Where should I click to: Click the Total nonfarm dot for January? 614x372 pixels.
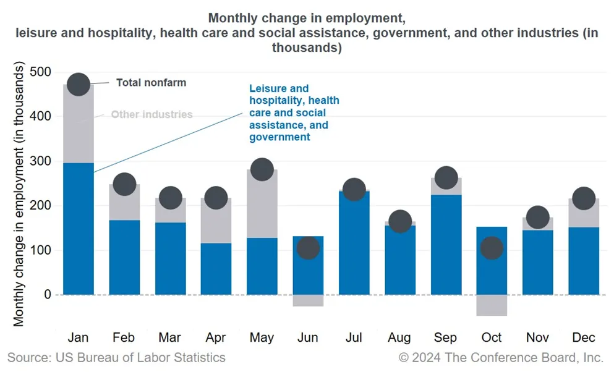tap(79, 84)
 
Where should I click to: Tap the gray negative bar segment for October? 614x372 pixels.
tap(492, 305)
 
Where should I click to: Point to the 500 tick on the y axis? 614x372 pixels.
tap(41, 72)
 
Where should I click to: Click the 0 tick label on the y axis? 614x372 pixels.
tap(46, 295)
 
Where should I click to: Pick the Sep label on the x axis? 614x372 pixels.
tap(445, 337)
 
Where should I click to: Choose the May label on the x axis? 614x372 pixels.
tap(262, 337)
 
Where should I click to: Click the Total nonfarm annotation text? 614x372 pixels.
tap(151, 82)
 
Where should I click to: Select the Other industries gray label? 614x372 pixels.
tap(151, 114)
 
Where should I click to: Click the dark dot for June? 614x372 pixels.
tap(308, 248)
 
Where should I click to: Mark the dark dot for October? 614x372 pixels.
tap(492, 248)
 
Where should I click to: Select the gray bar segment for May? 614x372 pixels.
tap(262, 204)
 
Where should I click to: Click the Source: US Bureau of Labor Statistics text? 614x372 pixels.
tap(116, 357)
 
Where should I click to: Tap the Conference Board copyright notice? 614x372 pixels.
tap(501, 357)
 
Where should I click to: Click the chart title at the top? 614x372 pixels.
tap(307, 32)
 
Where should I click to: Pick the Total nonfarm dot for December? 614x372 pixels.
tap(584, 198)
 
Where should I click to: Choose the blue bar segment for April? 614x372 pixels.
tap(216, 269)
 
